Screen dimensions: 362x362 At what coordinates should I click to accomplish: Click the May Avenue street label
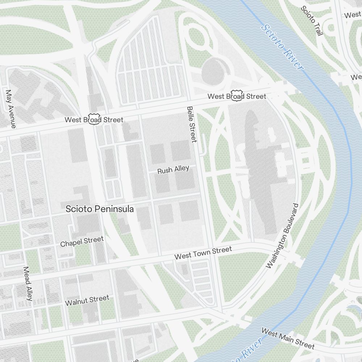10,109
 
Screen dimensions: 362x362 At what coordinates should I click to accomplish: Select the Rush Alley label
173,170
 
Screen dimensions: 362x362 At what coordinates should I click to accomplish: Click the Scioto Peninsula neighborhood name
100,209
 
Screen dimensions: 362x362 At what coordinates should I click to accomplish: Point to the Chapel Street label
82,241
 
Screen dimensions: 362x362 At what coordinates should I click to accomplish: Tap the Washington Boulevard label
282,236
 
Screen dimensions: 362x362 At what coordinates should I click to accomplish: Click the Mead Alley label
28,283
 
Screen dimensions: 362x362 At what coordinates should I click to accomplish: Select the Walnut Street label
87,300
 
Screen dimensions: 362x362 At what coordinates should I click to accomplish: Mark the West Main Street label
288,338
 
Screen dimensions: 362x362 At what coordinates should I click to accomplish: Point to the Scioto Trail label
312,21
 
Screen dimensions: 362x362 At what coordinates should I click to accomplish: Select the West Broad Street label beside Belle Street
236,96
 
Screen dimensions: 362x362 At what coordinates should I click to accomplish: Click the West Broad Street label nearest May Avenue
94,119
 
